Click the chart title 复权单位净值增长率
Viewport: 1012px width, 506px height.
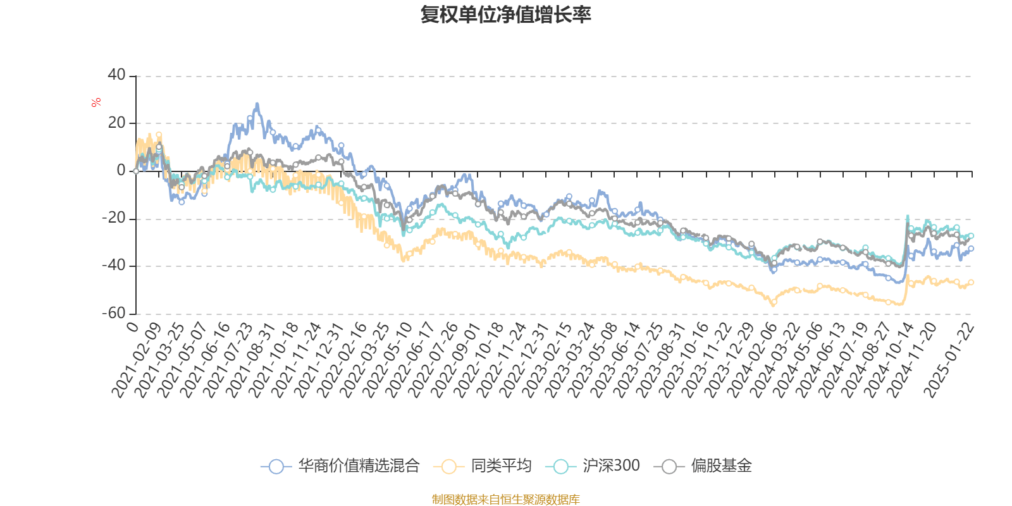[506, 15]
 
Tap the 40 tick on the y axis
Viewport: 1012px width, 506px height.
[116, 75]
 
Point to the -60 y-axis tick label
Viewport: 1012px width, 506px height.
[114, 313]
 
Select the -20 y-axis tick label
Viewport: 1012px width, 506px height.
[114, 218]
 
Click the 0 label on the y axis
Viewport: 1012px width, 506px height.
[121, 171]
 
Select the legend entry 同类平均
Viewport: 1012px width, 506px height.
[483, 467]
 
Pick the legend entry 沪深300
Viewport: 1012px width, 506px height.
[596, 467]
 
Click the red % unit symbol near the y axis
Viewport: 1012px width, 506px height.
[96, 102]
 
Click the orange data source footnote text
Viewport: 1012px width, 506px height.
[506, 500]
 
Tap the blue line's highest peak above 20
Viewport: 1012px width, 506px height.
[257, 104]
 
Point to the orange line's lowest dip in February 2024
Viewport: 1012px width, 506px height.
[773, 304]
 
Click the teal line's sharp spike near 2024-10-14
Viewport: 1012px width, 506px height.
[908, 217]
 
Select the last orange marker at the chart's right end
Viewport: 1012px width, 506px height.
[971, 282]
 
